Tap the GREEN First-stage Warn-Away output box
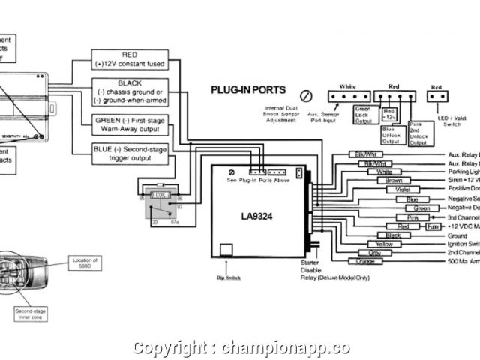(x=129, y=124)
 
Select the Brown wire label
(x=393, y=181)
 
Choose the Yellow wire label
(x=383, y=244)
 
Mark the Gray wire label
(x=374, y=253)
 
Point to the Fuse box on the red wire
(x=433, y=226)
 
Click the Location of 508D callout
(x=85, y=262)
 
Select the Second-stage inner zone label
(x=29, y=314)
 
